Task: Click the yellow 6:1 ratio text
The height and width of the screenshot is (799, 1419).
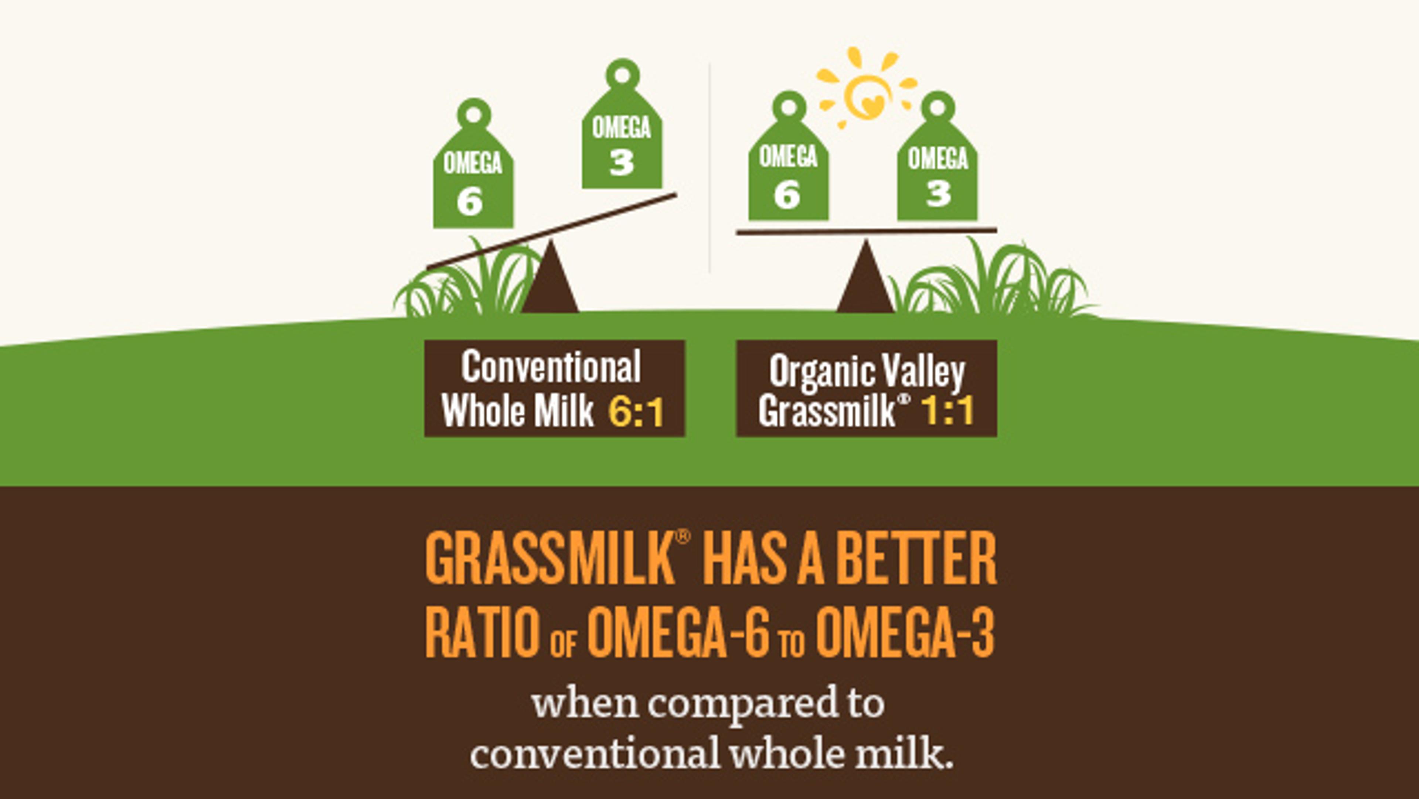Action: pos(636,412)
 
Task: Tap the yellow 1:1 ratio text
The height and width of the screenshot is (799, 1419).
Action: pos(948,410)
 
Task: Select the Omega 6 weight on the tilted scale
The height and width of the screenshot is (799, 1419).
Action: pos(473,164)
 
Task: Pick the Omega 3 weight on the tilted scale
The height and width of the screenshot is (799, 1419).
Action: pos(622,124)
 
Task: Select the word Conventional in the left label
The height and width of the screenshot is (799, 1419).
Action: pos(551,366)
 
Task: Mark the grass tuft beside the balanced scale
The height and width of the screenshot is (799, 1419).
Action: pos(991,281)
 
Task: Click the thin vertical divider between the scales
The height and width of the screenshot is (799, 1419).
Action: pos(709,168)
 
